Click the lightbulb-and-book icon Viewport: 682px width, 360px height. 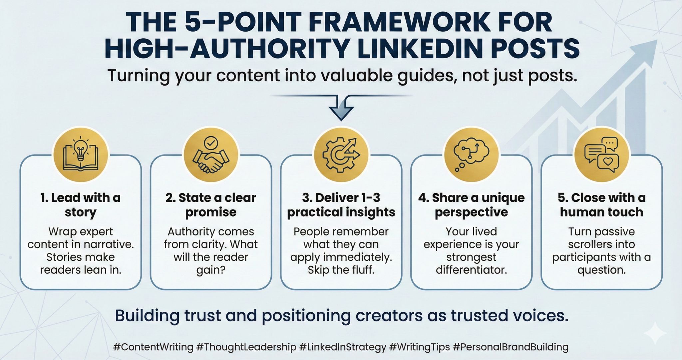click(x=81, y=154)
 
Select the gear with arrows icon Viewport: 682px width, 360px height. click(x=341, y=154)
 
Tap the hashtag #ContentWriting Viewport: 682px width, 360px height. click(x=153, y=347)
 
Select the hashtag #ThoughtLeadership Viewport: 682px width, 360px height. click(x=246, y=347)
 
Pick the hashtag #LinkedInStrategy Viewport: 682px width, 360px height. click(x=343, y=347)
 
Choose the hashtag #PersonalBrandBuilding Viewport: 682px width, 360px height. click(x=511, y=347)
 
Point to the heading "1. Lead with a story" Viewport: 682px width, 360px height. click(x=81, y=205)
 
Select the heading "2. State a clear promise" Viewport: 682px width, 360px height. click(x=211, y=205)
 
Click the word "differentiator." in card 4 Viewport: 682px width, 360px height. click(x=471, y=269)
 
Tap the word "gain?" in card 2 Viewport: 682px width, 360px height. click(x=211, y=270)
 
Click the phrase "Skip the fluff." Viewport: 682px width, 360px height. click(x=341, y=269)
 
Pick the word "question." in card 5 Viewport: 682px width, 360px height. click(x=601, y=270)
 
